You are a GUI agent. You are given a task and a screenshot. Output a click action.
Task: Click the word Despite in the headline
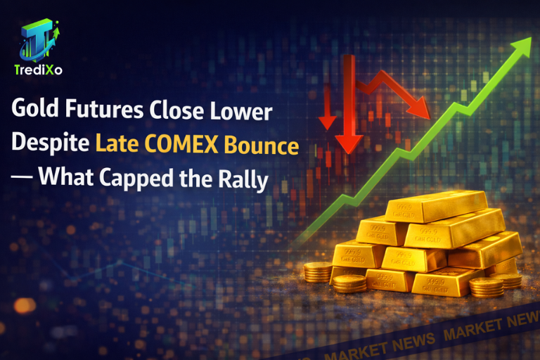point(49,146)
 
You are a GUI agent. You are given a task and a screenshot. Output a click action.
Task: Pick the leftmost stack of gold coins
point(319,272)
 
